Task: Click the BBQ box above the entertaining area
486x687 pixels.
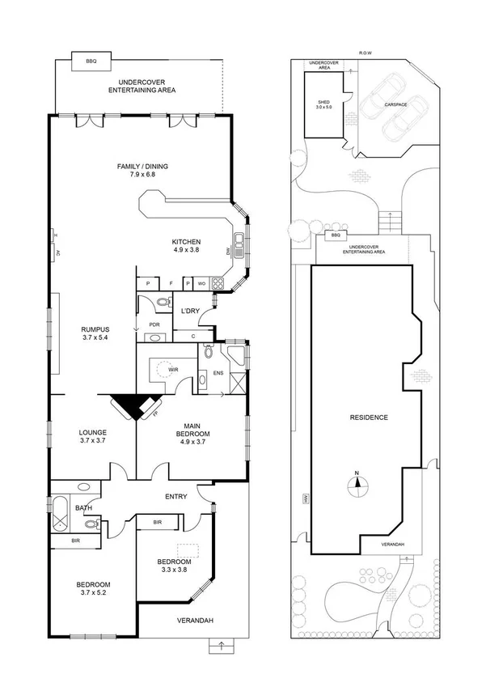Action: pos(85,61)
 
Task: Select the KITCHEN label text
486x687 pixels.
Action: pos(185,246)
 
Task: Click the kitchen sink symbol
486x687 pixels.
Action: pos(239,243)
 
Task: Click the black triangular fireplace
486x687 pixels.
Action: pos(131,405)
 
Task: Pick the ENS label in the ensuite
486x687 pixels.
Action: pos(218,373)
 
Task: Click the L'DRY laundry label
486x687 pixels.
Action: pos(190,312)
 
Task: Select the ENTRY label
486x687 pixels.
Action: pos(176,497)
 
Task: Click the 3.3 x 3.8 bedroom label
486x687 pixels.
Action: pos(174,566)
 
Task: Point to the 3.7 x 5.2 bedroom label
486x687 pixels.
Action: pos(93,589)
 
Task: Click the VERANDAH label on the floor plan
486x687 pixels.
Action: pos(194,621)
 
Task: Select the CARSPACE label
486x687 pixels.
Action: pos(395,104)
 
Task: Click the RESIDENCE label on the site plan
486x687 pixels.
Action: pos(369,418)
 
